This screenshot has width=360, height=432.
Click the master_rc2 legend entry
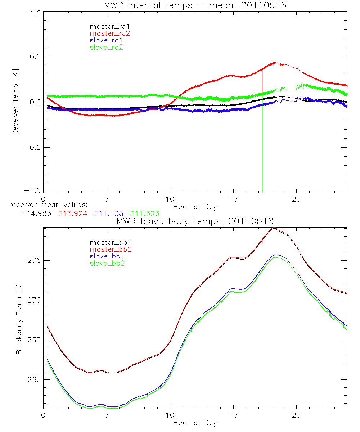[110, 33]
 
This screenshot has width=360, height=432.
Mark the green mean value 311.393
[144, 214]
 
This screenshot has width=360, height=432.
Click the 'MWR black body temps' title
[195, 221]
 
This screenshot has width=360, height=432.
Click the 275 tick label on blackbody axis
[34, 260]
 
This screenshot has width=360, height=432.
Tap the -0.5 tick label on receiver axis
[31, 147]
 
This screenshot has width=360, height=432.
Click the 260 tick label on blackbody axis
[34, 380]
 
